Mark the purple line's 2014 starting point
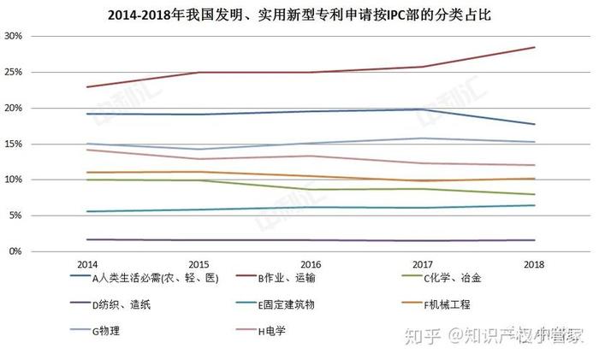pyautogui.click(x=86, y=239)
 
